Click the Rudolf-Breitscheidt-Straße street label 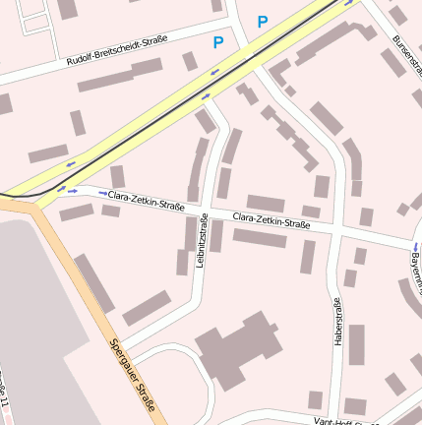[x=116, y=51]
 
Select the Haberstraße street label [x=337, y=320]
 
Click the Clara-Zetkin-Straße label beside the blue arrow [x=147, y=201]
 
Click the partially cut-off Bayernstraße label [x=415, y=261]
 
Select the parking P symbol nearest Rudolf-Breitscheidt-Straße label [x=217, y=42]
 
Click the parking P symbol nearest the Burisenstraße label [x=262, y=21]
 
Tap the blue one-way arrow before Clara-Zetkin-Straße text [x=102, y=194]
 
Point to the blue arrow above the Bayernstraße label [x=414, y=245]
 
